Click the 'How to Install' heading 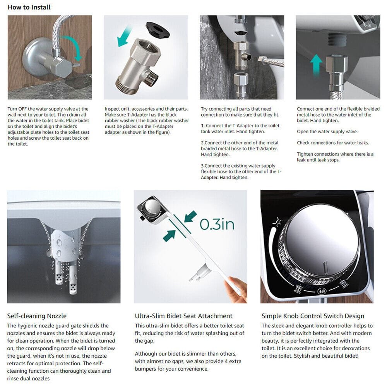29,7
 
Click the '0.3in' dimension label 217,224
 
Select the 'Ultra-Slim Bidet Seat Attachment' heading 183,316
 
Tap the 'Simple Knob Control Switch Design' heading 313,316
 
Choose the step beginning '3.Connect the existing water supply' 241,171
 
